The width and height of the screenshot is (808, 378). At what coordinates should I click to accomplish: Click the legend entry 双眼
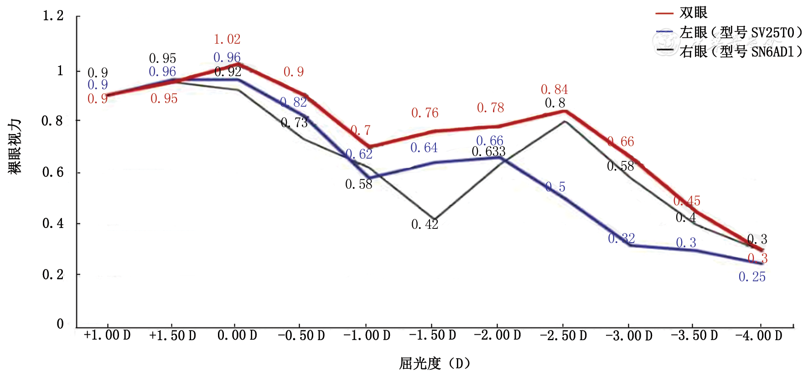coord(693,13)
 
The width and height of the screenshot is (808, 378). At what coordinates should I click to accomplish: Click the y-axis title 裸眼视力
coord(15,146)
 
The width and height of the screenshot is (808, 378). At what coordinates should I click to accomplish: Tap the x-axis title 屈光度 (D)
coord(434,363)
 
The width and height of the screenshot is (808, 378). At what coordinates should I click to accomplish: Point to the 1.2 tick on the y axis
coord(53,16)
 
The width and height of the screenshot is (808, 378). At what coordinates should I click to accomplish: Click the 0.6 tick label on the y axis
coord(53,172)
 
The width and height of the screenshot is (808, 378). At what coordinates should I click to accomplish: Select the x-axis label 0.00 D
coord(237,336)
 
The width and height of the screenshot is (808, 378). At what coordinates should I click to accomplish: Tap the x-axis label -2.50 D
coord(563,336)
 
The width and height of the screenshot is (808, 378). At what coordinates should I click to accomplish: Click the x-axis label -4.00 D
coord(759,336)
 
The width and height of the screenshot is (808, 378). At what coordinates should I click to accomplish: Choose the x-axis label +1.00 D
coord(107,336)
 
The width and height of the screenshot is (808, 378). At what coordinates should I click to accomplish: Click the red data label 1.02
coord(227,39)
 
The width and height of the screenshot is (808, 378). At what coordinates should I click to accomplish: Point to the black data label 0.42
coord(425,224)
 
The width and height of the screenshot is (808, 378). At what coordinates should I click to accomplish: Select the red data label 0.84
coord(554,89)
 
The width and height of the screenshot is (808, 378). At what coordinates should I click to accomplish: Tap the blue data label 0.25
coord(752,277)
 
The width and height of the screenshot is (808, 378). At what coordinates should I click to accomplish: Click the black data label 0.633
coord(488,151)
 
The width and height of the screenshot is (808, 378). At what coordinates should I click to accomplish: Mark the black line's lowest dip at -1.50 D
coord(434,219)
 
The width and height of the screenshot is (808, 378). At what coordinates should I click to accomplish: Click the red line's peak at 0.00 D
coord(238,64)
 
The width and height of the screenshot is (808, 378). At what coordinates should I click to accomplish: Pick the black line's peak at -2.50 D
coord(565,121)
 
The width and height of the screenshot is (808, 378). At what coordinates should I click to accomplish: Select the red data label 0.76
coord(425,113)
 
